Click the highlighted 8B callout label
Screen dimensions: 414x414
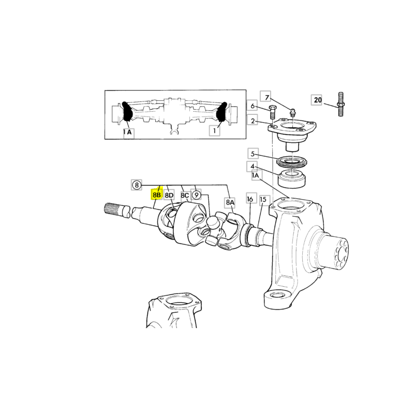(x=157, y=195)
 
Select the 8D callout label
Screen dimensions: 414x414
(x=169, y=196)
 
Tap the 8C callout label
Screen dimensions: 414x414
(x=185, y=196)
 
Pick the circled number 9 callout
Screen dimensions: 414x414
(x=196, y=195)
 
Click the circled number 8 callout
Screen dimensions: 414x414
(x=137, y=185)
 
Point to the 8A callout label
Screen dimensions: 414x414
(x=230, y=202)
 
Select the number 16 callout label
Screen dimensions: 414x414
(x=250, y=199)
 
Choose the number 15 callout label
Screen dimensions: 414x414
(x=263, y=200)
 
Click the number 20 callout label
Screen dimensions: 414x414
(x=318, y=100)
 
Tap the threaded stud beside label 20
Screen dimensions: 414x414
(x=341, y=104)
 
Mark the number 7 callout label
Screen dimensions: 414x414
(x=267, y=97)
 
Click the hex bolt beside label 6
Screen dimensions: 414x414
(x=272, y=112)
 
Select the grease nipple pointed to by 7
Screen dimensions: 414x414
(x=292, y=112)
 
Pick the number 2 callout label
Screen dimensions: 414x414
(x=253, y=121)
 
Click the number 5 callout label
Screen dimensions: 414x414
(x=253, y=154)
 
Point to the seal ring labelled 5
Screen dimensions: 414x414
(x=291, y=161)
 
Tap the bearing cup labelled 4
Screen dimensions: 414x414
(x=292, y=179)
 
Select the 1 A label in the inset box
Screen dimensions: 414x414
(x=127, y=132)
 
